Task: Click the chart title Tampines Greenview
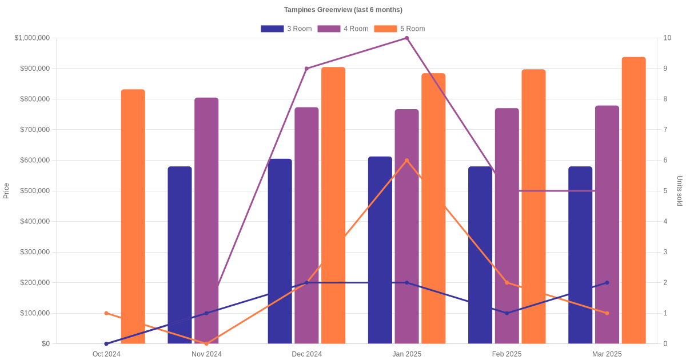pos(343,10)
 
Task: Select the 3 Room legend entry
pos(286,29)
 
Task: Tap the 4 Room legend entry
pos(342,29)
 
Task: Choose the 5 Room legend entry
pos(399,29)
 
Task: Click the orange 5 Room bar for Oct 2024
pos(133,217)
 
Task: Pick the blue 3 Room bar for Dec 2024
pos(280,251)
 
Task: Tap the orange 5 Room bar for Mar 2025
pos(633,200)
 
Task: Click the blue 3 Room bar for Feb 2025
pos(480,255)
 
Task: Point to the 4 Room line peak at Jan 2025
pos(406,38)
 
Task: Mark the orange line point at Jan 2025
pos(406,161)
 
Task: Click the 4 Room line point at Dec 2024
pos(306,69)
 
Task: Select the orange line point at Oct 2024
pos(106,313)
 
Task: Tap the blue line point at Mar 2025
pos(607,283)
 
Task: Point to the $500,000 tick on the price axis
pos(35,191)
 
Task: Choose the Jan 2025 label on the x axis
pos(406,354)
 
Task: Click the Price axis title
pos(6,191)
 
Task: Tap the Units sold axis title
pos(680,191)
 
